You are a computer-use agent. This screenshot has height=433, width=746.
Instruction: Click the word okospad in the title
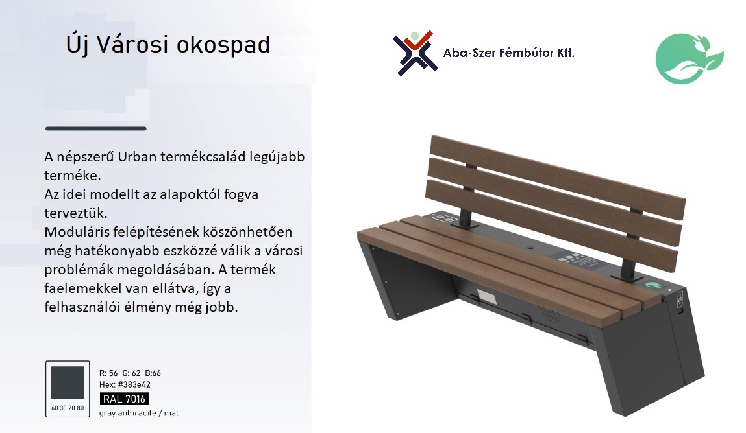223,45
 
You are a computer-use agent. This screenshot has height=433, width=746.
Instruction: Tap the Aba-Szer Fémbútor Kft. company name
508,53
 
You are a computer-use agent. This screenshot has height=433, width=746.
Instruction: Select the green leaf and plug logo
690,58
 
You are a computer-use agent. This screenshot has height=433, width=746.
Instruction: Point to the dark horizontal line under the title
95,128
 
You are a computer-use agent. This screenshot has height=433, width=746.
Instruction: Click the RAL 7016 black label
124,399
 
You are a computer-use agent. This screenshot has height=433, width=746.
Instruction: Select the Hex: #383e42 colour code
125,384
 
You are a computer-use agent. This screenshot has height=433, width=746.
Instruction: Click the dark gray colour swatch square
68,382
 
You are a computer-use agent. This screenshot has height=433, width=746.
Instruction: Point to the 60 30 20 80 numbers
68,408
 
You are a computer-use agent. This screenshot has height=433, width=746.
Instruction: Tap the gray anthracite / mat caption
138,413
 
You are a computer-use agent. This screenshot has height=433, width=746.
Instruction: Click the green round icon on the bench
653,285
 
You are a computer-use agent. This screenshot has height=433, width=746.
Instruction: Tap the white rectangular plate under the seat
486,298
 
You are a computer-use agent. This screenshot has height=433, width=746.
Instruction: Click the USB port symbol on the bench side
680,298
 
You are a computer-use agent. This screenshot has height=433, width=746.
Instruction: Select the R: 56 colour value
108,373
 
